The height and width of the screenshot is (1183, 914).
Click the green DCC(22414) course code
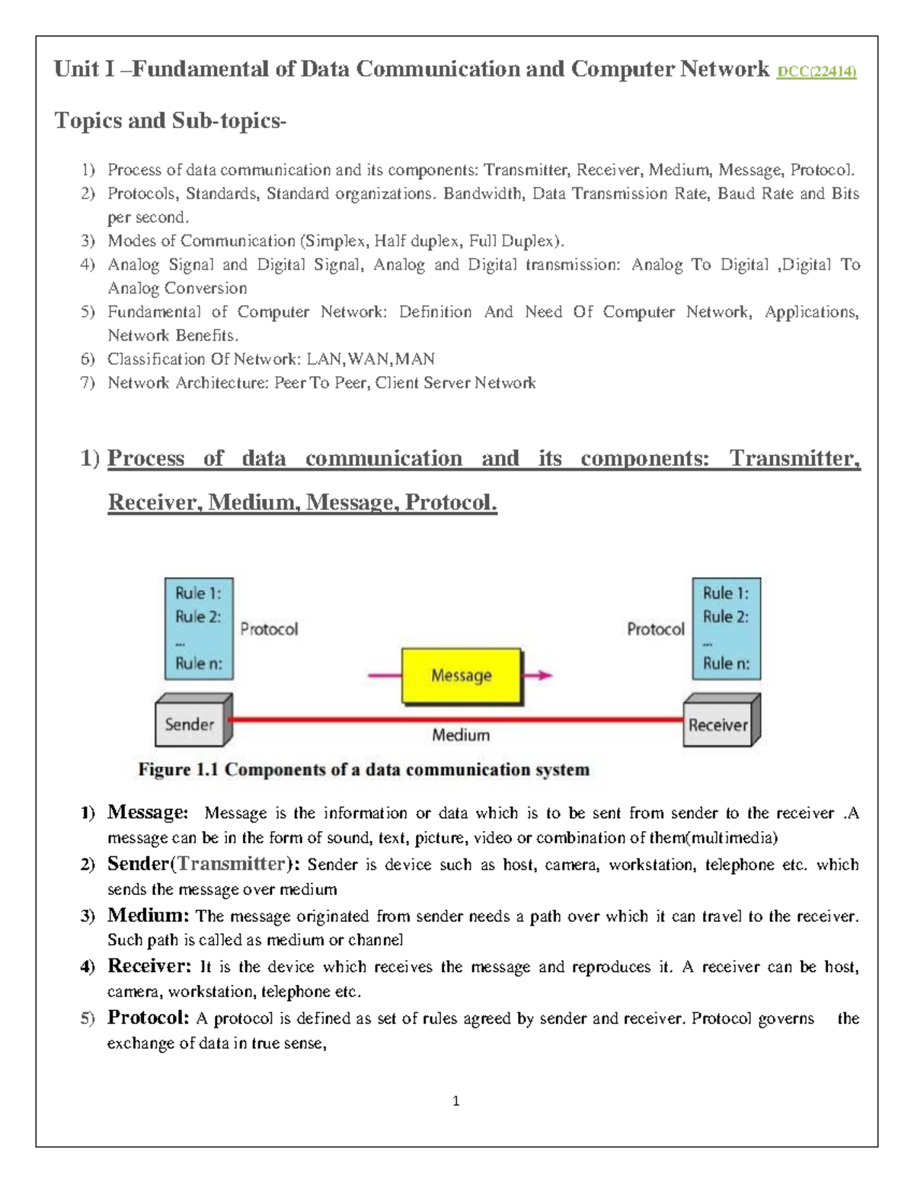(x=817, y=72)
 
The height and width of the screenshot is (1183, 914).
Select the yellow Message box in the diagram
(x=462, y=676)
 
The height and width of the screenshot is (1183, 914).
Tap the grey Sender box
(x=190, y=724)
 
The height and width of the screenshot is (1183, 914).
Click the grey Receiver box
(x=718, y=724)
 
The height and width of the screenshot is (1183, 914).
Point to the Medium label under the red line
(x=461, y=735)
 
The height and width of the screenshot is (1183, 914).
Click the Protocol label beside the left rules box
(x=269, y=629)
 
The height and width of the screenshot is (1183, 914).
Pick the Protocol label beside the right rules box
(x=655, y=629)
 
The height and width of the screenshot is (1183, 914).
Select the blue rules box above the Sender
(x=199, y=628)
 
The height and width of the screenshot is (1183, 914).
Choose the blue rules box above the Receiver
(x=726, y=628)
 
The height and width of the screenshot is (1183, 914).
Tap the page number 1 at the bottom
(x=455, y=1101)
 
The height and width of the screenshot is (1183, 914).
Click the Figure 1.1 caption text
(x=363, y=769)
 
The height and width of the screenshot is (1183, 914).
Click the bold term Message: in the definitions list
(x=148, y=812)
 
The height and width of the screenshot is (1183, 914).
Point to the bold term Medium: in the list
(x=148, y=915)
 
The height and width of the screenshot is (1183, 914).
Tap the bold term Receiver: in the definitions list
(x=149, y=966)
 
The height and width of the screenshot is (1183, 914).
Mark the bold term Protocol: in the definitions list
(x=149, y=1017)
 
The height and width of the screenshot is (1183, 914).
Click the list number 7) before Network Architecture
(x=88, y=382)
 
